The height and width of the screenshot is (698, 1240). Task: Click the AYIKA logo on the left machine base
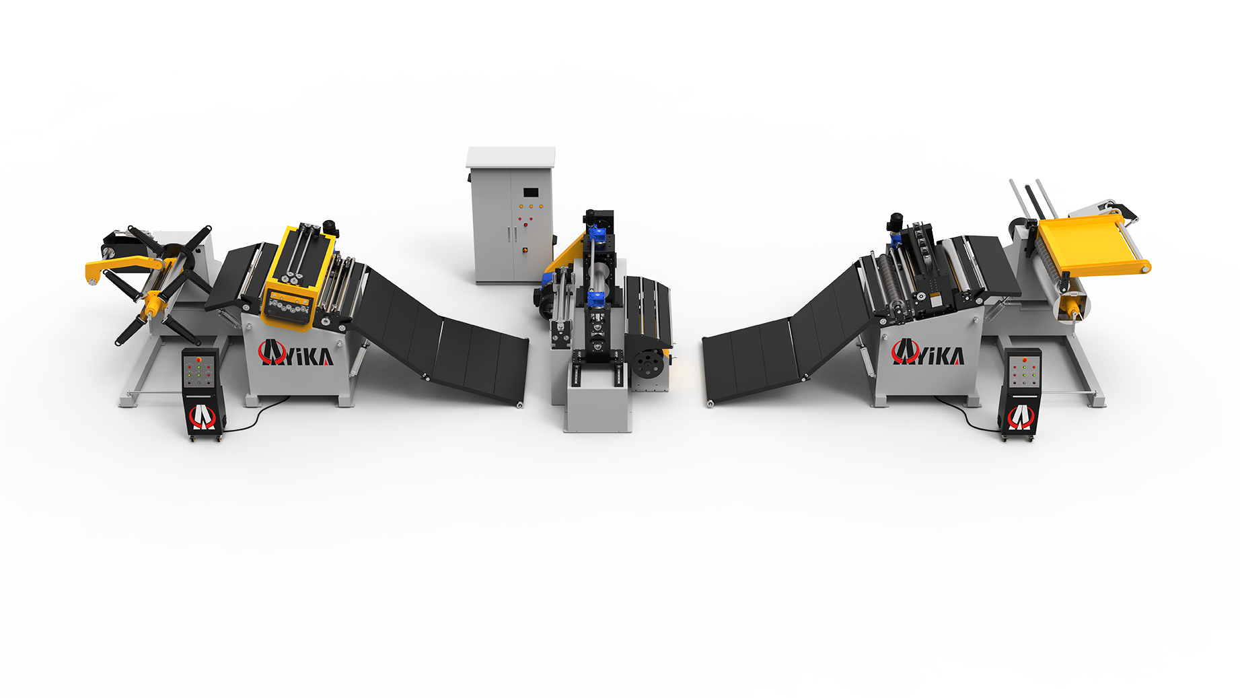click(296, 353)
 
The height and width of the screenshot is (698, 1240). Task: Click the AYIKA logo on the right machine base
click(928, 352)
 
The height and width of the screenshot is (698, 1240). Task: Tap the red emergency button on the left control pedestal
click(198, 360)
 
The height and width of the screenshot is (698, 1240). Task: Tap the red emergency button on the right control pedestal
click(1024, 360)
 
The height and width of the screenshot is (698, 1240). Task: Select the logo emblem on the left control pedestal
click(202, 417)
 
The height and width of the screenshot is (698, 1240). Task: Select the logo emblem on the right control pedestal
click(1020, 417)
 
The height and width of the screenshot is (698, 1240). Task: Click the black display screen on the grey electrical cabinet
click(532, 192)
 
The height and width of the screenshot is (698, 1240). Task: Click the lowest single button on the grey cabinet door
click(525, 250)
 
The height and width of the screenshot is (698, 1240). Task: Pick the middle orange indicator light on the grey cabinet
click(530, 207)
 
